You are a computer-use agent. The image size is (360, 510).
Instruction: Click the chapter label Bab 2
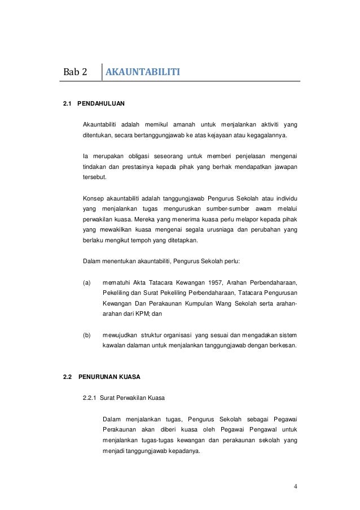75,73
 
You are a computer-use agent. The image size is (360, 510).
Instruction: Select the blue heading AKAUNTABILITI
143,73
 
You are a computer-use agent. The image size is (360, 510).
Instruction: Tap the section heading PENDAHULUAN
101,104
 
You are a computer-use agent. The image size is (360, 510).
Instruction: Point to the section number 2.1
68,104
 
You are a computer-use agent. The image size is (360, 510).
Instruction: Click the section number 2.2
68,376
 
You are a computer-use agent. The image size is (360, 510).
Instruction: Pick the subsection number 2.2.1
91,398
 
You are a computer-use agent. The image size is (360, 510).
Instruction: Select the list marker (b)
87,335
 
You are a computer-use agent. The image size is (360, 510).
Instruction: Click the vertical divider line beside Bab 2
102,73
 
